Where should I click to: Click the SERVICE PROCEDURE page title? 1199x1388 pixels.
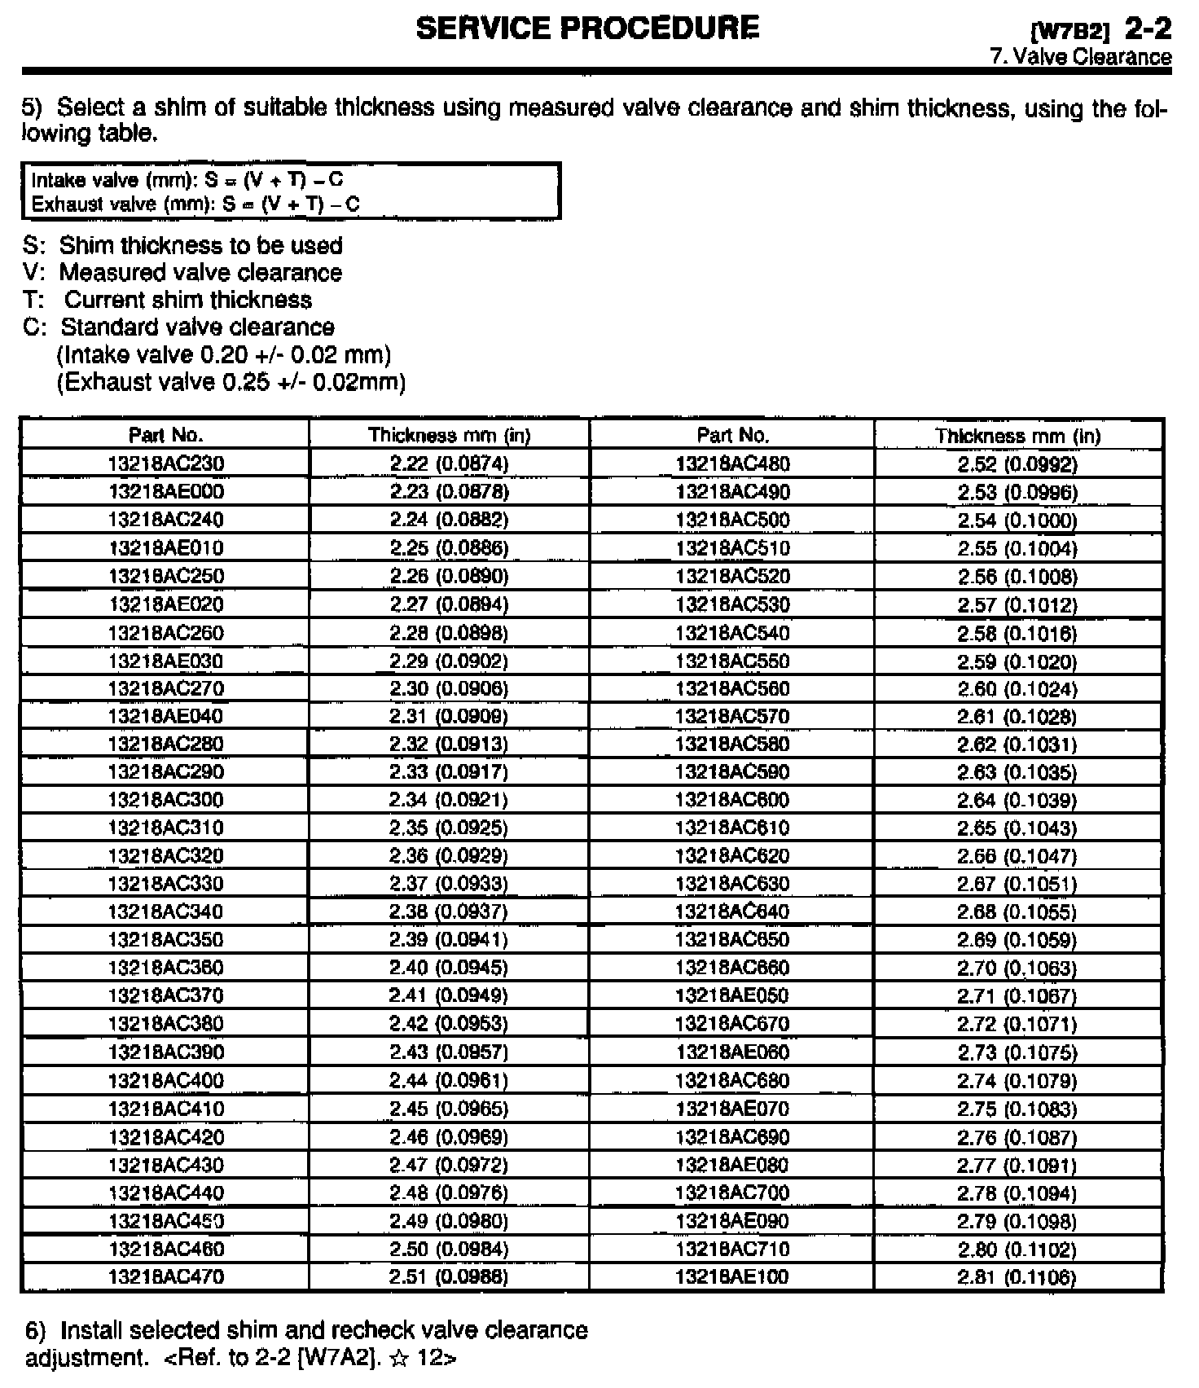pos(587,29)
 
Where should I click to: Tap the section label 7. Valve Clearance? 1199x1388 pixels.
pos(1080,57)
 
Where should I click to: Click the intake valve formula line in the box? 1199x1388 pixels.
pos(187,180)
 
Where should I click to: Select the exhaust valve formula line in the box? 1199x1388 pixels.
pos(195,204)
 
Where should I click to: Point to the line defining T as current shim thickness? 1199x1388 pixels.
pos(168,300)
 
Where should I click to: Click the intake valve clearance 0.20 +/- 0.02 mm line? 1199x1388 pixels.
pos(224,355)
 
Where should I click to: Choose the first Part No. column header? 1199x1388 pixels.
pos(165,435)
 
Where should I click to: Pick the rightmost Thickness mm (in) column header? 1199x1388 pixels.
pos(1017,436)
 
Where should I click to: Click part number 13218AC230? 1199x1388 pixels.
pos(165,463)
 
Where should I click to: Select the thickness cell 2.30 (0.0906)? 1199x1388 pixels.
pos(449,688)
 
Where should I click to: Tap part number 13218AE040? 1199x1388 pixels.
pos(165,716)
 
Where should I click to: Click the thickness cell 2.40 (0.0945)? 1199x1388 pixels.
pos(449,967)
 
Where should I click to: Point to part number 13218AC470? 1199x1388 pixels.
pos(165,1276)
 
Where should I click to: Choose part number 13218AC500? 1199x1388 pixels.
pos(732,520)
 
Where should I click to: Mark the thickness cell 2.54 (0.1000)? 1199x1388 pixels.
pos(1017,520)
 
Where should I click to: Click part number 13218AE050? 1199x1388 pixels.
pos(732,995)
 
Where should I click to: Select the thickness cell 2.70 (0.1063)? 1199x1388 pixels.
pos(1017,968)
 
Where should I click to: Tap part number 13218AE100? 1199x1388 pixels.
pos(732,1276)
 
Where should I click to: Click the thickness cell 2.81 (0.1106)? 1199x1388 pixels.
pos(1017,1276)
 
